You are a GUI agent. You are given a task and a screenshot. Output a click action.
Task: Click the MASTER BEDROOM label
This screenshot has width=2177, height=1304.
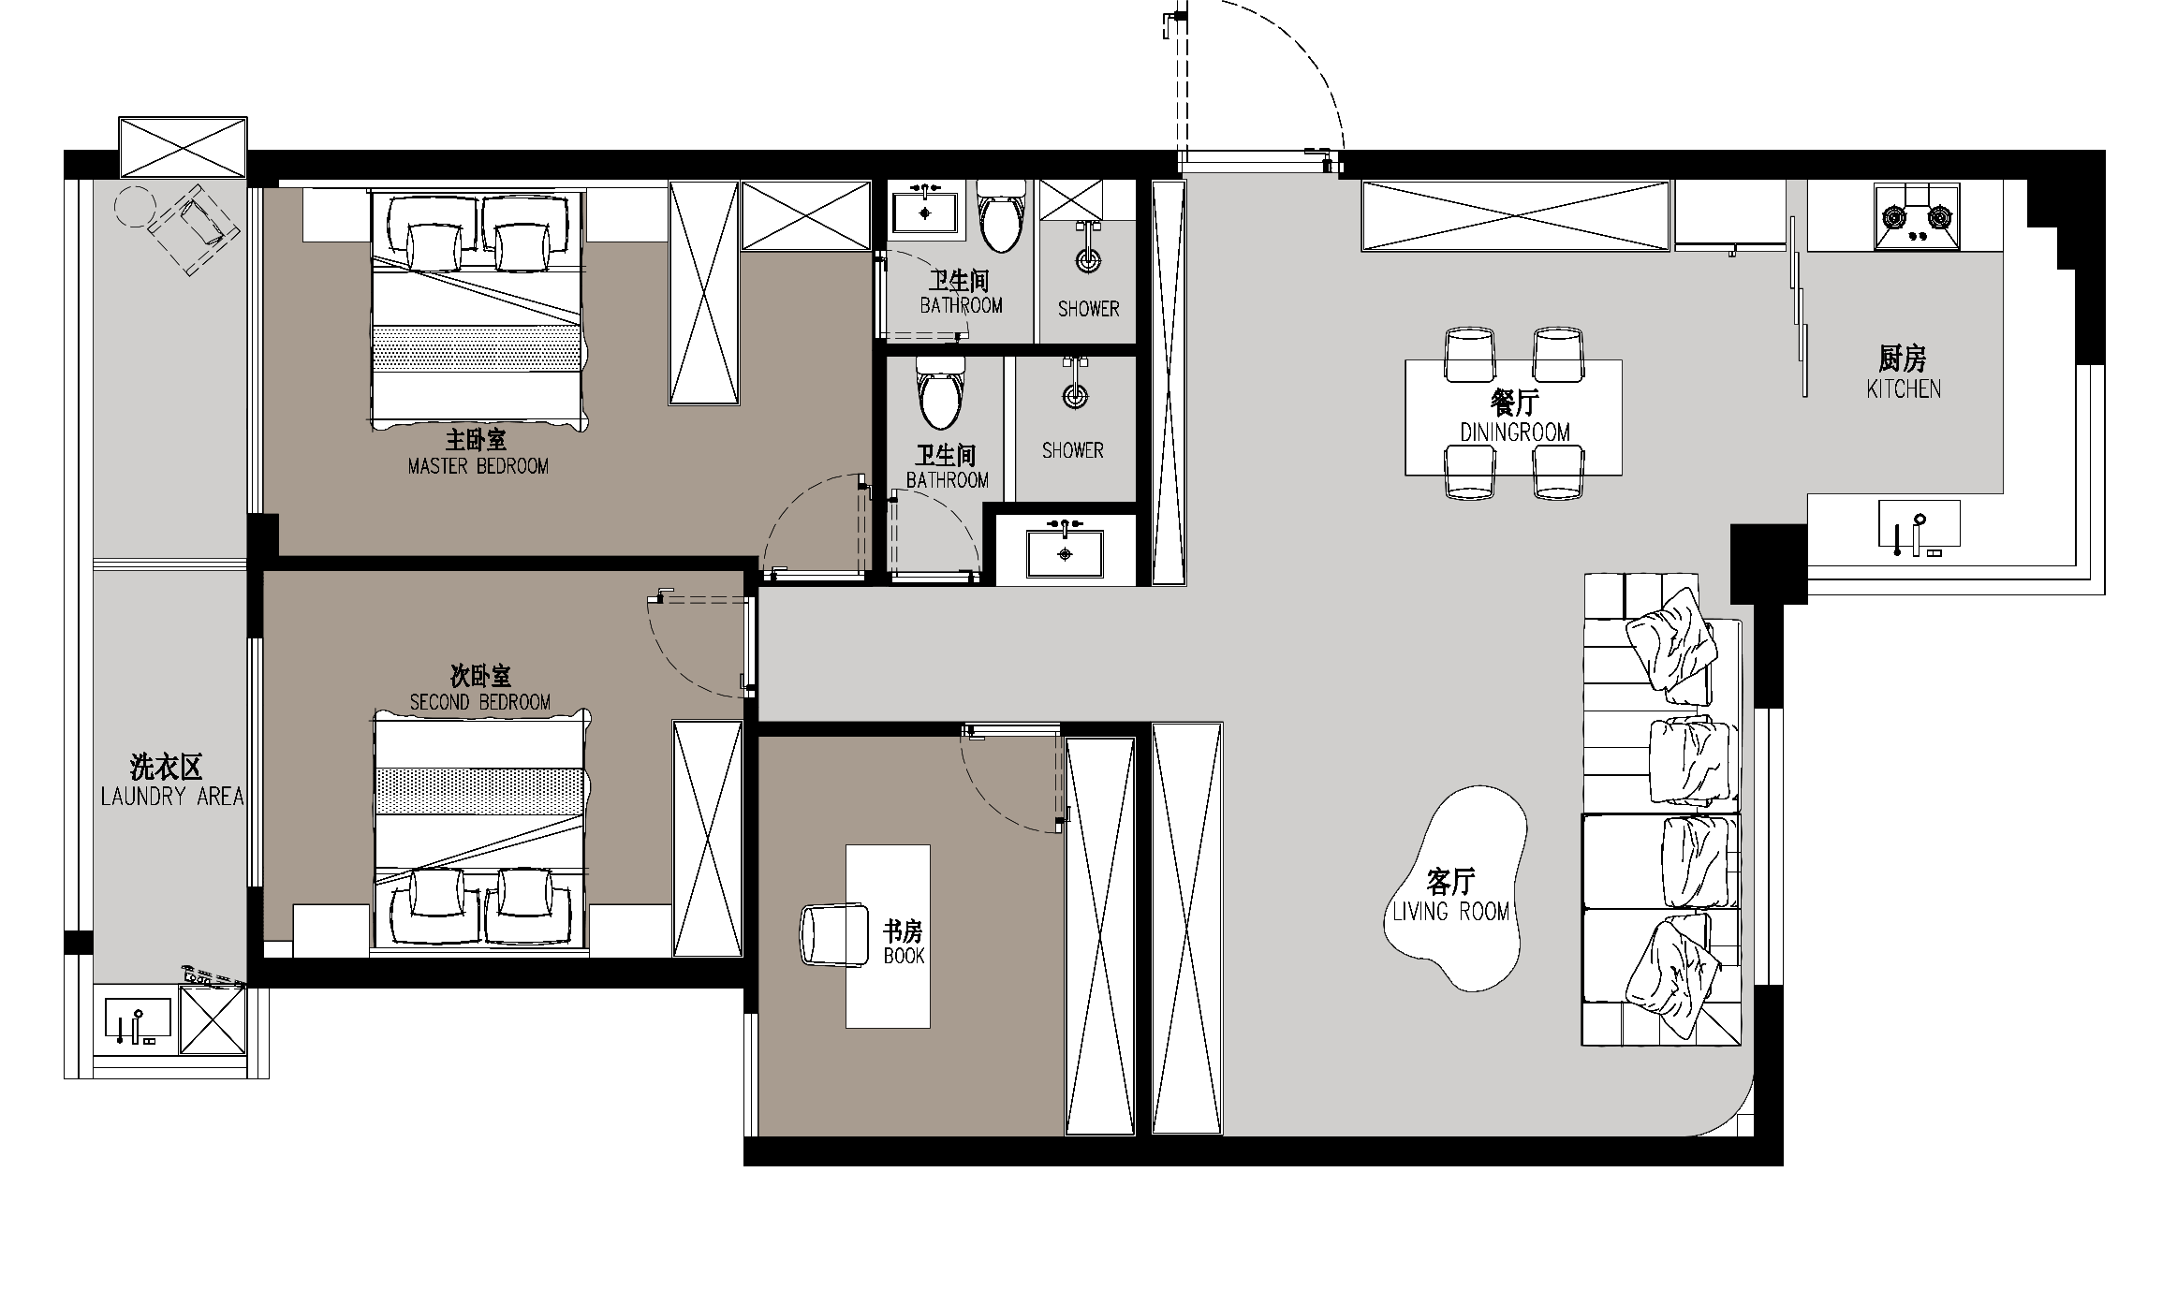(478, 465)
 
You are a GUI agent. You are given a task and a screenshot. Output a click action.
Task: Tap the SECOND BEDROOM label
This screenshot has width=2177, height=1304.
(479, 701)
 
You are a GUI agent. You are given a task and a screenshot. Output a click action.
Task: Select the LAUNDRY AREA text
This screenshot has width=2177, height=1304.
(171, 796)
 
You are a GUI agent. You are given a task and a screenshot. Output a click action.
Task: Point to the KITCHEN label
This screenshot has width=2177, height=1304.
(1903, 388)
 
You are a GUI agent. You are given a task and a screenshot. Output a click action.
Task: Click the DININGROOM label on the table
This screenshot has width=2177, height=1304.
(1514, 432)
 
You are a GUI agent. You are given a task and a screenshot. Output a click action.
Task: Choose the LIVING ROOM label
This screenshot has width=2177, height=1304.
(1450, 911)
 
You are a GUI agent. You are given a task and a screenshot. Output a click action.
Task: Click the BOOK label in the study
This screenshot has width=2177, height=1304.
(904, 956)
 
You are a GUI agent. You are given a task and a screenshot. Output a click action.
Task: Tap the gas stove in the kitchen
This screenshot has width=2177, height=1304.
(1916, 218)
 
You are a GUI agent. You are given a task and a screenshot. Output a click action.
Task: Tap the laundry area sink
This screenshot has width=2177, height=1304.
(138, 1021)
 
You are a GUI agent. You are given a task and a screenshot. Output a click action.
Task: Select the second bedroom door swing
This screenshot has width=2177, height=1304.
(698, 646)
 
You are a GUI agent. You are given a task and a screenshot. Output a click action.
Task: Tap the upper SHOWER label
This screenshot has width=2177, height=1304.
(1088, 308)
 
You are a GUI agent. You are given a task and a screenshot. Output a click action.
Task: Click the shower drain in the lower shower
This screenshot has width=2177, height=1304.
(1076, 397)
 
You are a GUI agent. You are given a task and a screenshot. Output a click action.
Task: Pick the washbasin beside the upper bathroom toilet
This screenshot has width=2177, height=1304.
(925, 213)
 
